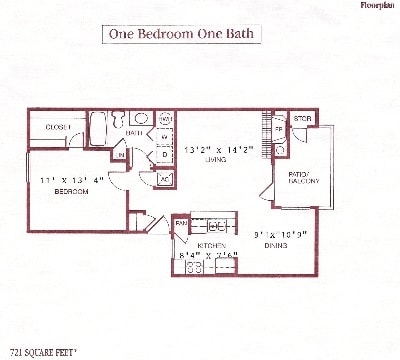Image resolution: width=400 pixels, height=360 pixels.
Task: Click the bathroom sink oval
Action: (143, 119)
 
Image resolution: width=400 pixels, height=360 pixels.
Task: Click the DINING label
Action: (278, 244)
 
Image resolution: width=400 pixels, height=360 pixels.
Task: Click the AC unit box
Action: (165, 178)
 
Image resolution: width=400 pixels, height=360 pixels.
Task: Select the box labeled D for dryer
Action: (165, 155)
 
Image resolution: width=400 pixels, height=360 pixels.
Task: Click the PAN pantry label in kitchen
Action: (181, 222)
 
